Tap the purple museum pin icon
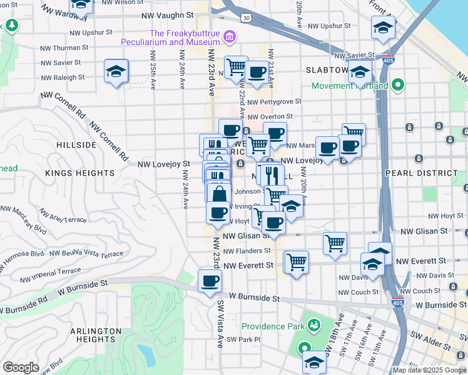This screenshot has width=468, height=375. point(230,37)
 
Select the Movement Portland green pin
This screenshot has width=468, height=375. point(397,86)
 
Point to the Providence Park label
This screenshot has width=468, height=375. point(272,326)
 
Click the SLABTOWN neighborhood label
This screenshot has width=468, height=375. point(327,70)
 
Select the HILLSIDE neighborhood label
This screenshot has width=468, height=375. point(76,144)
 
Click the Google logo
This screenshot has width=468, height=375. point(21,367)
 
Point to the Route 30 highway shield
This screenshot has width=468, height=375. point(247,18)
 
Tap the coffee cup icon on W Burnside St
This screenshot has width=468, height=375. point(210,281)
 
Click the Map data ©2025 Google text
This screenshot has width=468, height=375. point(429,370)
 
